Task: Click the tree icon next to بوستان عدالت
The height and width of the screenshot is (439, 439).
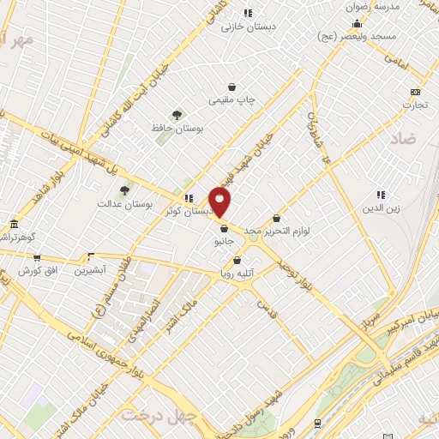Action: pyautogui.click(x=124, y=190)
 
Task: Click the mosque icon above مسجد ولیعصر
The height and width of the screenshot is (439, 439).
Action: pyautogui.click(x=357, y=22)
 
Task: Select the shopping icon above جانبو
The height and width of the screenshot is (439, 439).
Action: pyautogui.click(x=224, y=229)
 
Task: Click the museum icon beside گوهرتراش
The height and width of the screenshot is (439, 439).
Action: pyautogui.click(x=13, y=225)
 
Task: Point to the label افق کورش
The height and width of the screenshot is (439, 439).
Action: pyautogui.click(x=37, y=271)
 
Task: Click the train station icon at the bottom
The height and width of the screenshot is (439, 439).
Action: pyautogui.click(x=317, y=423)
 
